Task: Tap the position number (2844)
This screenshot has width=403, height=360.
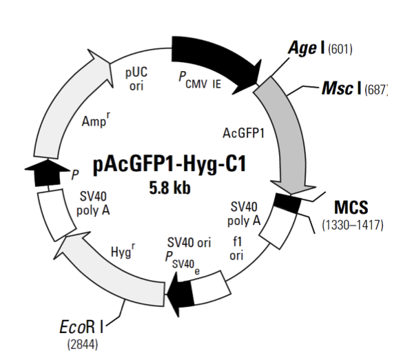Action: point(81,343)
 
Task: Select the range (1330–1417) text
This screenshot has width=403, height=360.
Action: point(352,225)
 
